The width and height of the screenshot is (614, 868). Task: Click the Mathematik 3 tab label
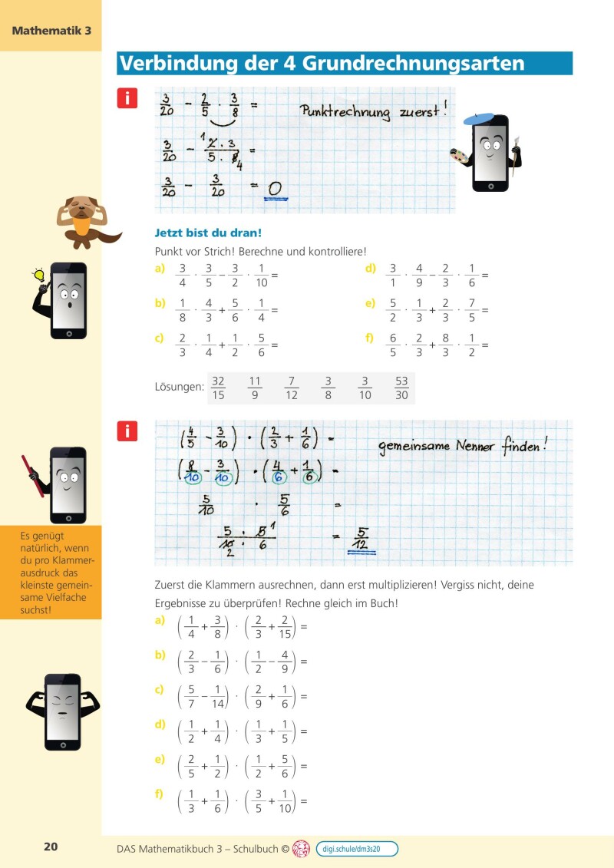pos(51,31)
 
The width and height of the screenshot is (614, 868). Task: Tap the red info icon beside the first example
pos(127,97)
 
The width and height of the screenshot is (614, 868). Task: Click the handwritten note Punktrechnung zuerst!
pos(373,112)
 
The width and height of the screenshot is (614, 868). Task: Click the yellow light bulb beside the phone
pos(39,274)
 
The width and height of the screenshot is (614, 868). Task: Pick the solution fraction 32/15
pos(218,388)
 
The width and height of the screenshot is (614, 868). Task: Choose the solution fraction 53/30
pos(401,388)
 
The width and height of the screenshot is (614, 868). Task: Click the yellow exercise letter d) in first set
pos(370,269)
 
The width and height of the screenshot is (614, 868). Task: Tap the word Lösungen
pos(179,388)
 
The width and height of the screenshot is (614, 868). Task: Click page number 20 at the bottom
pos(51,847)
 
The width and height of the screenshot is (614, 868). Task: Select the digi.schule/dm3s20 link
pos(357,848)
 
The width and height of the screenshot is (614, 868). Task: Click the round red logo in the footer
pos(302,848)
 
